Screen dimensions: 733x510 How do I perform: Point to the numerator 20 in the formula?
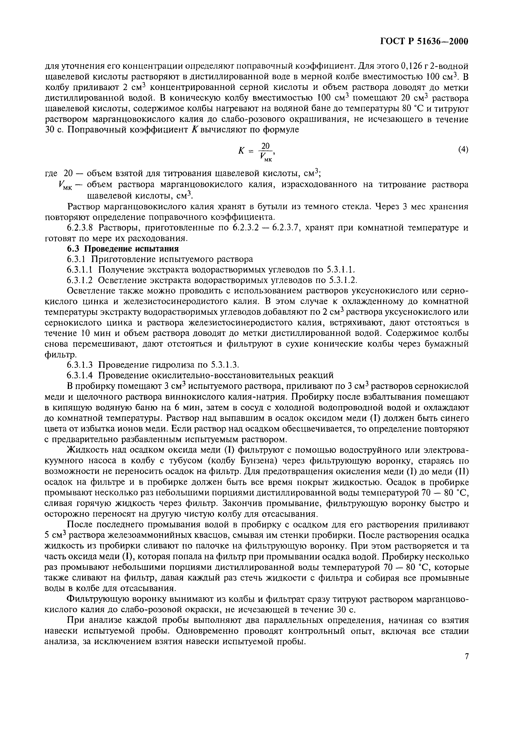pyautogui.click(x=265, y=146)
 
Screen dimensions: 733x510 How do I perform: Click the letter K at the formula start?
pyautogui.click(x=241, y=151)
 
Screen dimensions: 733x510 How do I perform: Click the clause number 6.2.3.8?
pyautogui.click(x=80, y=228)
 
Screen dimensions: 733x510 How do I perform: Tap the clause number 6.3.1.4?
pyautogui.click(x=80, y=375)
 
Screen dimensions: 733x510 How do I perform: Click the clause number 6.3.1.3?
pyautogui.click(x=80, y=364)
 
